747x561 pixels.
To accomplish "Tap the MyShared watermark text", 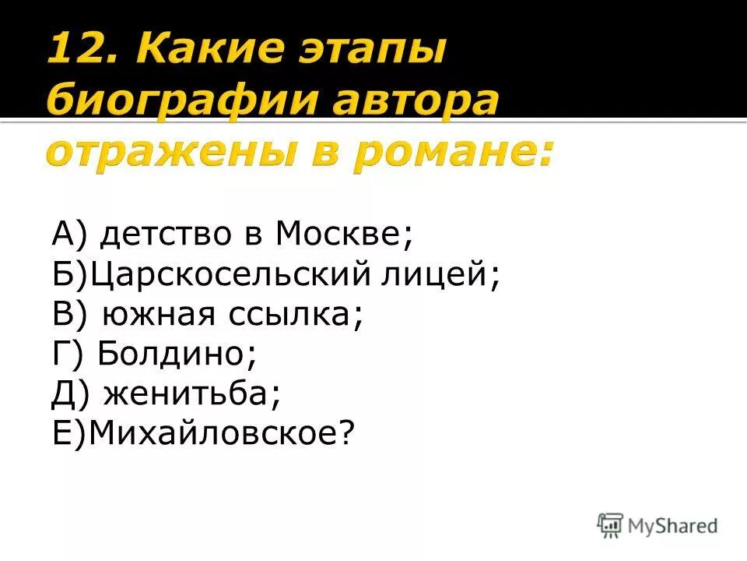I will point(673,526).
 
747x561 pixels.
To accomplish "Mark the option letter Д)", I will point(73,396).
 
